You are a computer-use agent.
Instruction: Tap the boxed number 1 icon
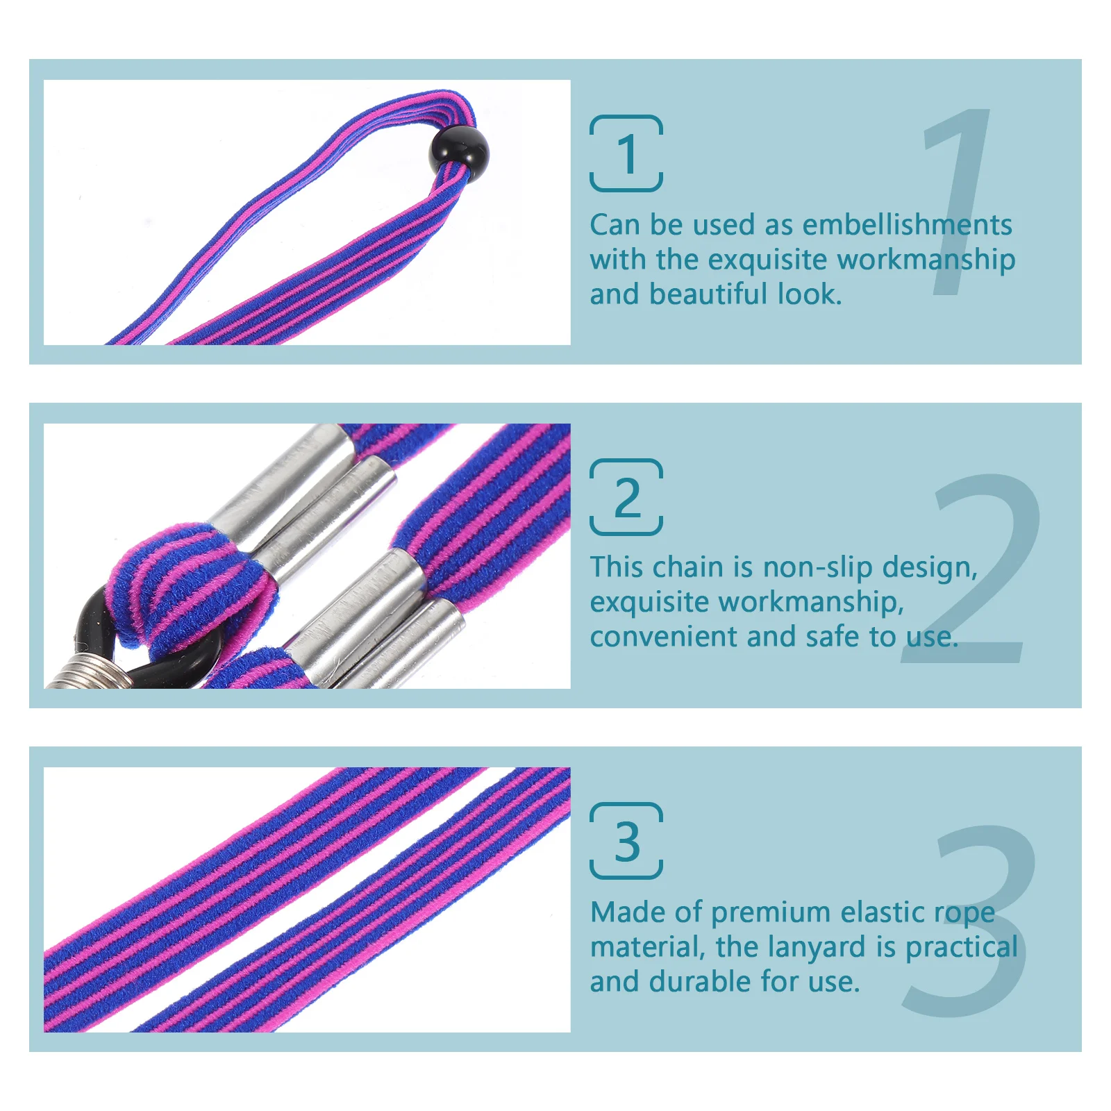click(x=626, y=153)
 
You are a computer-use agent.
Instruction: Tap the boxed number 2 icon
click(x=626, y=497)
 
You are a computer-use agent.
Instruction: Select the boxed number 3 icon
click(x=626, y=841)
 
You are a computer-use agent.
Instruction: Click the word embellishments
click(x=907, y=225)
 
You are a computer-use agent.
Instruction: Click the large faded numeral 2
click(x=979, y=569)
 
